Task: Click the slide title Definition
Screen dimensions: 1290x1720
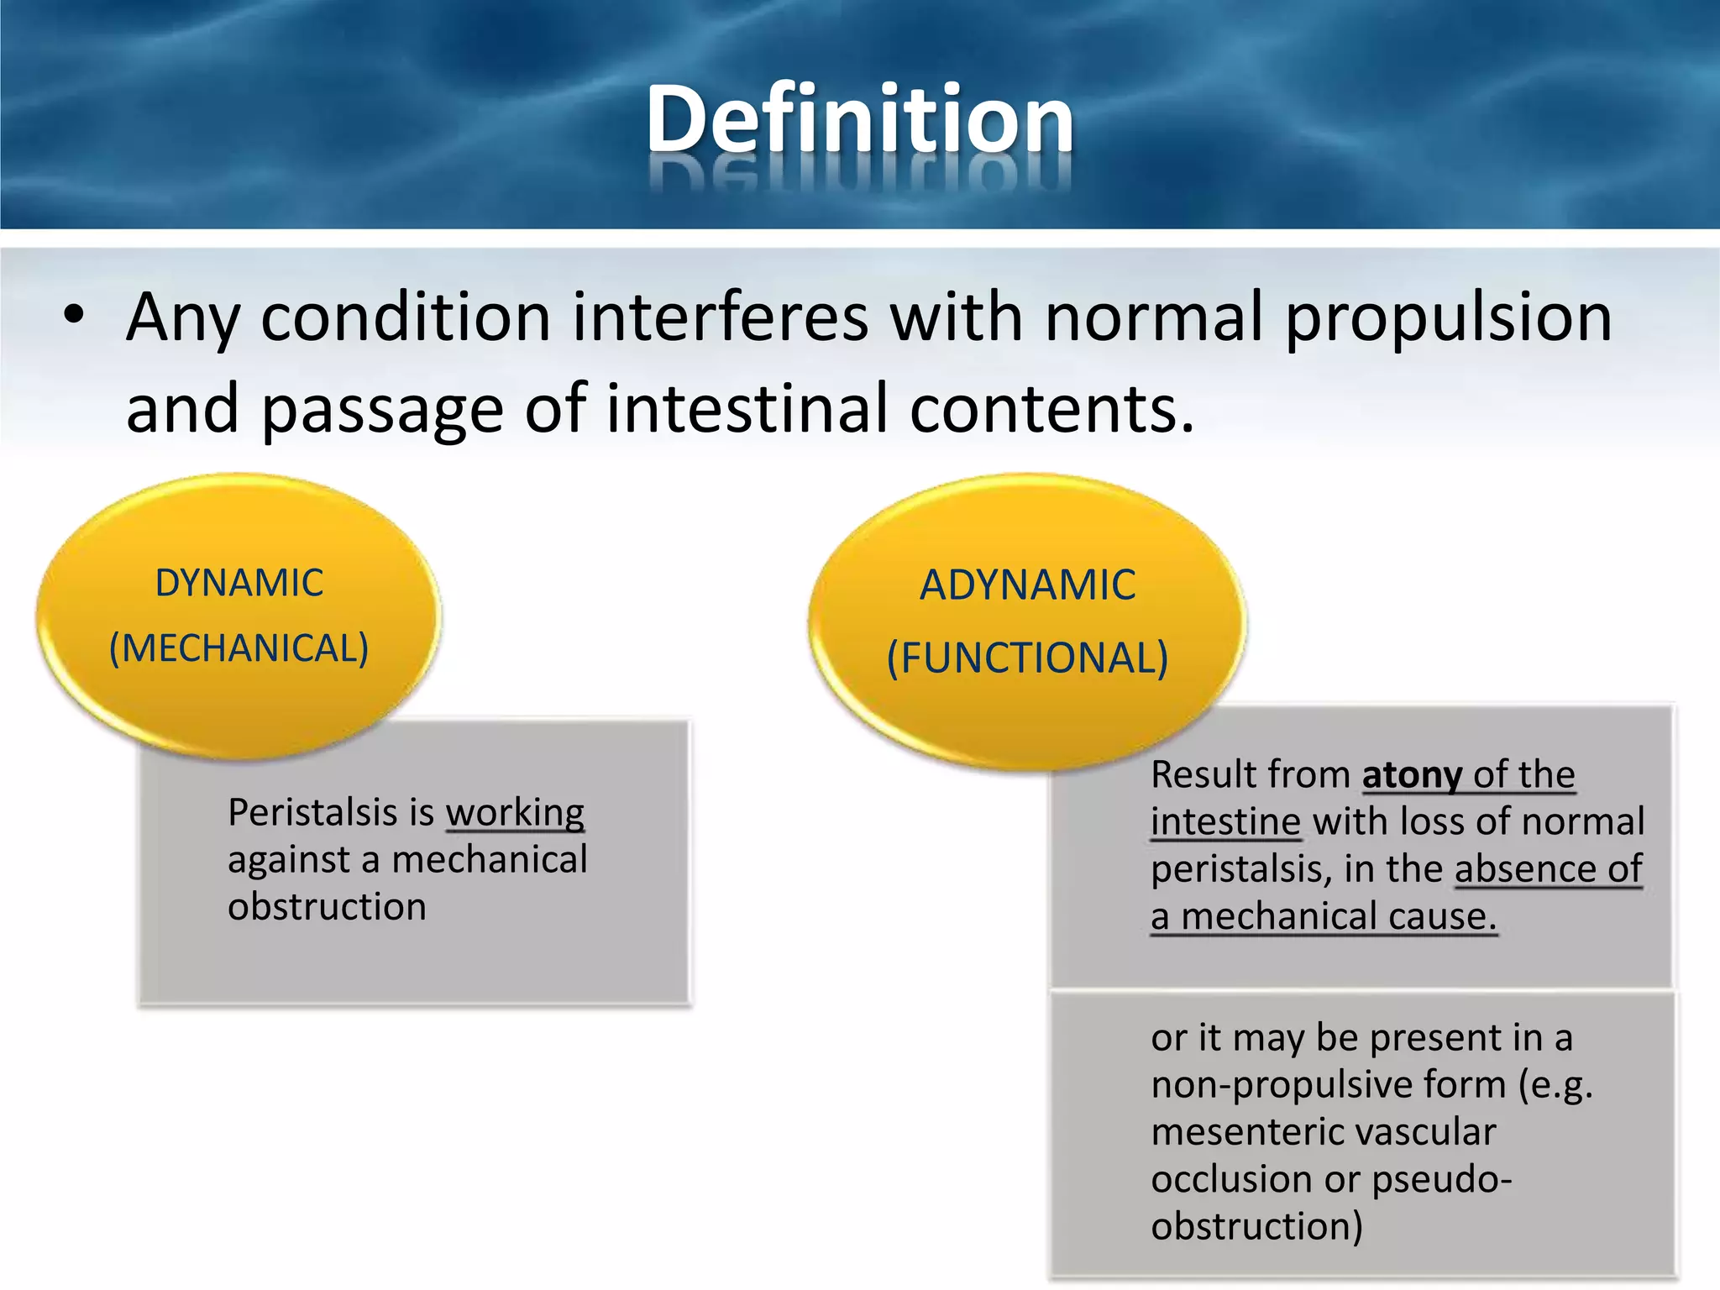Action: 859,120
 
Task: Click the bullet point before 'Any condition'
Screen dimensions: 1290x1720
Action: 74,317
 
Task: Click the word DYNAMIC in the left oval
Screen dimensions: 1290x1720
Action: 239,583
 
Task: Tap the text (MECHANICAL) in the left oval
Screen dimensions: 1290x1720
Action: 239,648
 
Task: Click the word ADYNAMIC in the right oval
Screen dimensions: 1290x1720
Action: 1027,585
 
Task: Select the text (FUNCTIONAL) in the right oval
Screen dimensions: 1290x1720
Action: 1027,658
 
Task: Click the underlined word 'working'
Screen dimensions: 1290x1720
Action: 515,813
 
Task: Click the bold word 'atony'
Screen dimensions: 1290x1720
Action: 1412,774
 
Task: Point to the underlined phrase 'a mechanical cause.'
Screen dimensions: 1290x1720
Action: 1324,916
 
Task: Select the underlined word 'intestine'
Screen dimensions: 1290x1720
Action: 1225,821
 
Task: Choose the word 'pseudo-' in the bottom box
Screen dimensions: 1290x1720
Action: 1442,1179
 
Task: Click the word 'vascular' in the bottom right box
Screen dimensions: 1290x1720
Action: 1420,1132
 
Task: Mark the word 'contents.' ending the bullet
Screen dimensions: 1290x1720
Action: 1051,408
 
